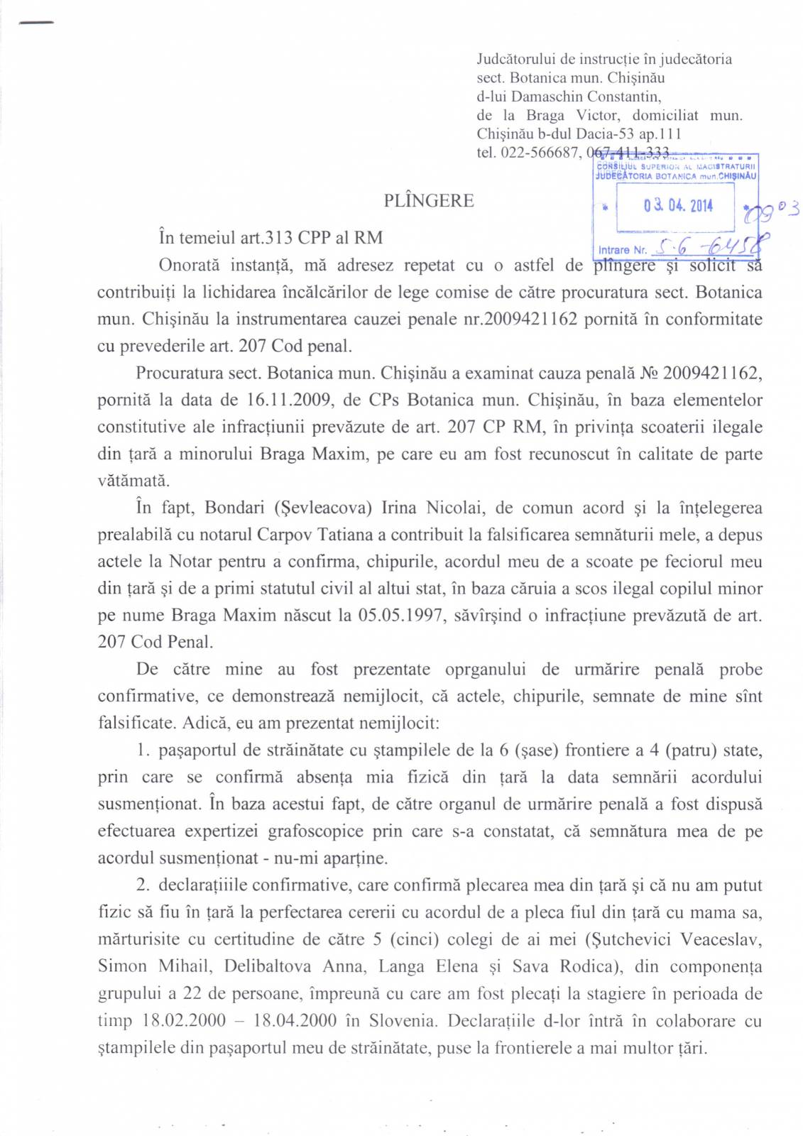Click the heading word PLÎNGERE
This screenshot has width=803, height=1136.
coord(428,201)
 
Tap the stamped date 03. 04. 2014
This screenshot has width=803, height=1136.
coord(677,206)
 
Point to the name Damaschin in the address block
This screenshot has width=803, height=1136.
coord(547,97)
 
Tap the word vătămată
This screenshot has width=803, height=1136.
coord(134,481)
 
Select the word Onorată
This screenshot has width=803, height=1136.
coord(190,266)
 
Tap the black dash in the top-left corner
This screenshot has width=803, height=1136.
coord(36,23)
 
